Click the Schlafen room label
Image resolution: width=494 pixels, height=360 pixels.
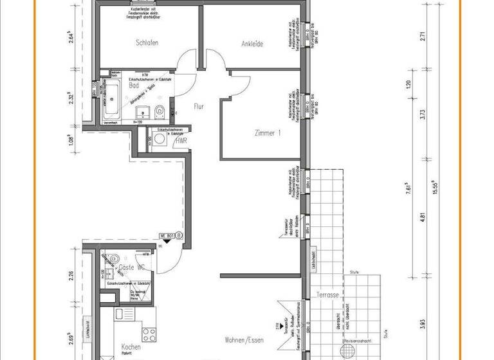pos(147,43)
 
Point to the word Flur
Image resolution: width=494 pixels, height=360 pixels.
pos(199,106)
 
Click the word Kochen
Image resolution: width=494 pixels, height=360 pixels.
pos(131,347)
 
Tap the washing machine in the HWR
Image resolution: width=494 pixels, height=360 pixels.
pos(158,139)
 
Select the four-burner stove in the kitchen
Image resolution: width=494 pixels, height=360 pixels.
pos(149,335)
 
